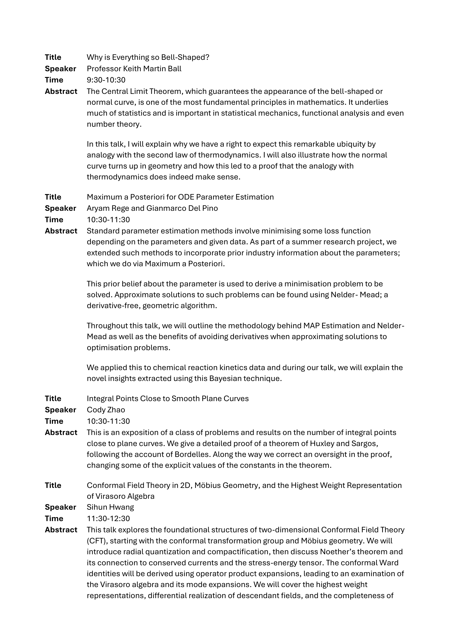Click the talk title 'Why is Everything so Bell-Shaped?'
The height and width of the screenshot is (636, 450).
[x=148, y=57]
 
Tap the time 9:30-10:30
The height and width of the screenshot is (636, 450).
[x=106, y=80]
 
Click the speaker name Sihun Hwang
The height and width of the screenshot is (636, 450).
[x=110, y=507]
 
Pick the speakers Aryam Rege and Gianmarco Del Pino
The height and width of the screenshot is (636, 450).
[x=152, y=208]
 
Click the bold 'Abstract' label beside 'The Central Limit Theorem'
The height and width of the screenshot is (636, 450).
[x=61, y=91]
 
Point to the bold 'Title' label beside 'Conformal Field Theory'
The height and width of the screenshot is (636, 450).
[x=53, y=485]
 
